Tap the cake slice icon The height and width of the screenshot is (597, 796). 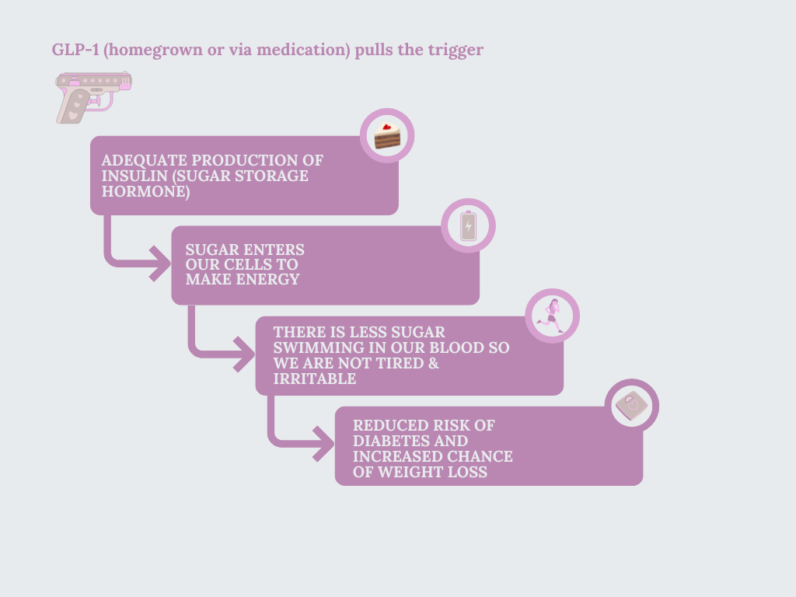(387, 136)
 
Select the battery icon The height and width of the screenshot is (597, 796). (468, 226)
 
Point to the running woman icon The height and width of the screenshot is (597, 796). (553, 316)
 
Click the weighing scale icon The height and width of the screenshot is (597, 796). (631, 406)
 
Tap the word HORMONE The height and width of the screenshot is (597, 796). (145, 191)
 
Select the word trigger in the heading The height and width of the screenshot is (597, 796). (456, 50)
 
